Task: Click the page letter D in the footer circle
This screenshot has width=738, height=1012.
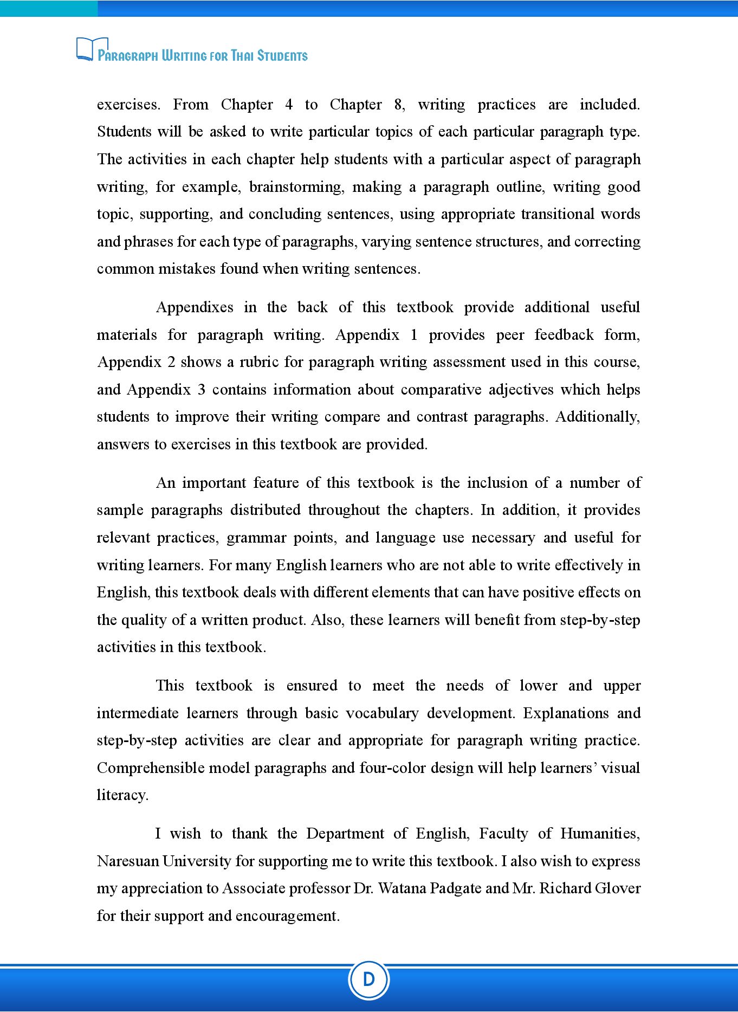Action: pyautogui.click(x=368, y=979)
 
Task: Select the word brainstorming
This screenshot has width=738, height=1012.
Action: pyautogui.click(x=296, y=187)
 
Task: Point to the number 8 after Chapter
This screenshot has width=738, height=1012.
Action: pyautogui.click(x=398, y=105)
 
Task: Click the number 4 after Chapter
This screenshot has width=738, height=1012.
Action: pyautogui.click(x=289, y=105)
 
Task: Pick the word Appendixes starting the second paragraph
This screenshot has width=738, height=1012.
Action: pyautogui.click(x=195, y=307)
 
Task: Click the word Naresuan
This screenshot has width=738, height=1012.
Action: pyautogui.click(x=127, y=861)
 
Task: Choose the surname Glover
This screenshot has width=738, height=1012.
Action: pyautogui.click(x=618, y=888)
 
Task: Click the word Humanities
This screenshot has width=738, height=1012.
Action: pyautogui.click(x=599, y=834)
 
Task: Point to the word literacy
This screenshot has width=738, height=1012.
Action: pyautogui.click(x=122, y=795)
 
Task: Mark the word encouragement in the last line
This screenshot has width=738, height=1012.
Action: pyautogui.click(x=287, y=916)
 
